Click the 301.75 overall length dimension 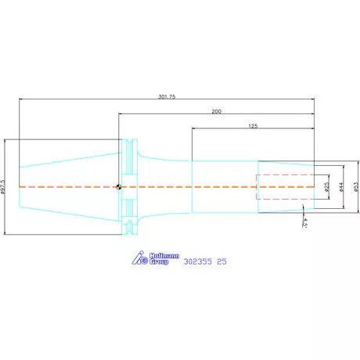pos(167,96)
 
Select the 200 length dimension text pos(216,111)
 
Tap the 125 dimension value pos(253,126)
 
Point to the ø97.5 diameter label pos(3,187)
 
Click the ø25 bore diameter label pos(327,187)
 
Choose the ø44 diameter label pos(342,187)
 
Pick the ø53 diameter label pos(356,187)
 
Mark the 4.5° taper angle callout pos(304,222)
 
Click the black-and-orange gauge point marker pos(119,187)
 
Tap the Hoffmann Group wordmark pos(164,259)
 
